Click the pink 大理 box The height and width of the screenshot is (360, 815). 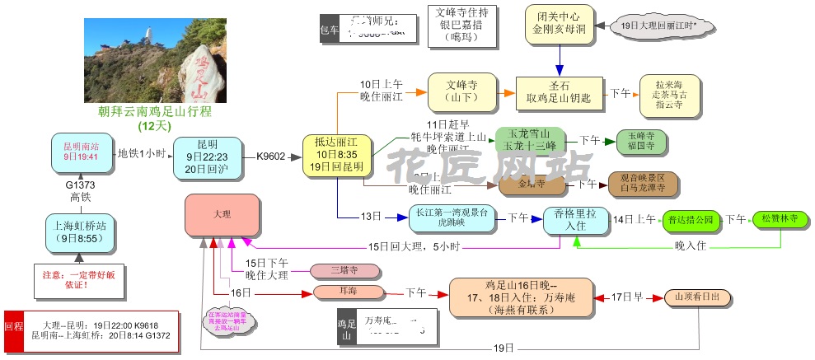222,214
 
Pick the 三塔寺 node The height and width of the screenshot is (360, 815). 344,270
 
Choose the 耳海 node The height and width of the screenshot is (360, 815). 349,292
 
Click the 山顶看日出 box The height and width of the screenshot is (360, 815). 701,296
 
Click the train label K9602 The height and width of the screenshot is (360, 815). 270,155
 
